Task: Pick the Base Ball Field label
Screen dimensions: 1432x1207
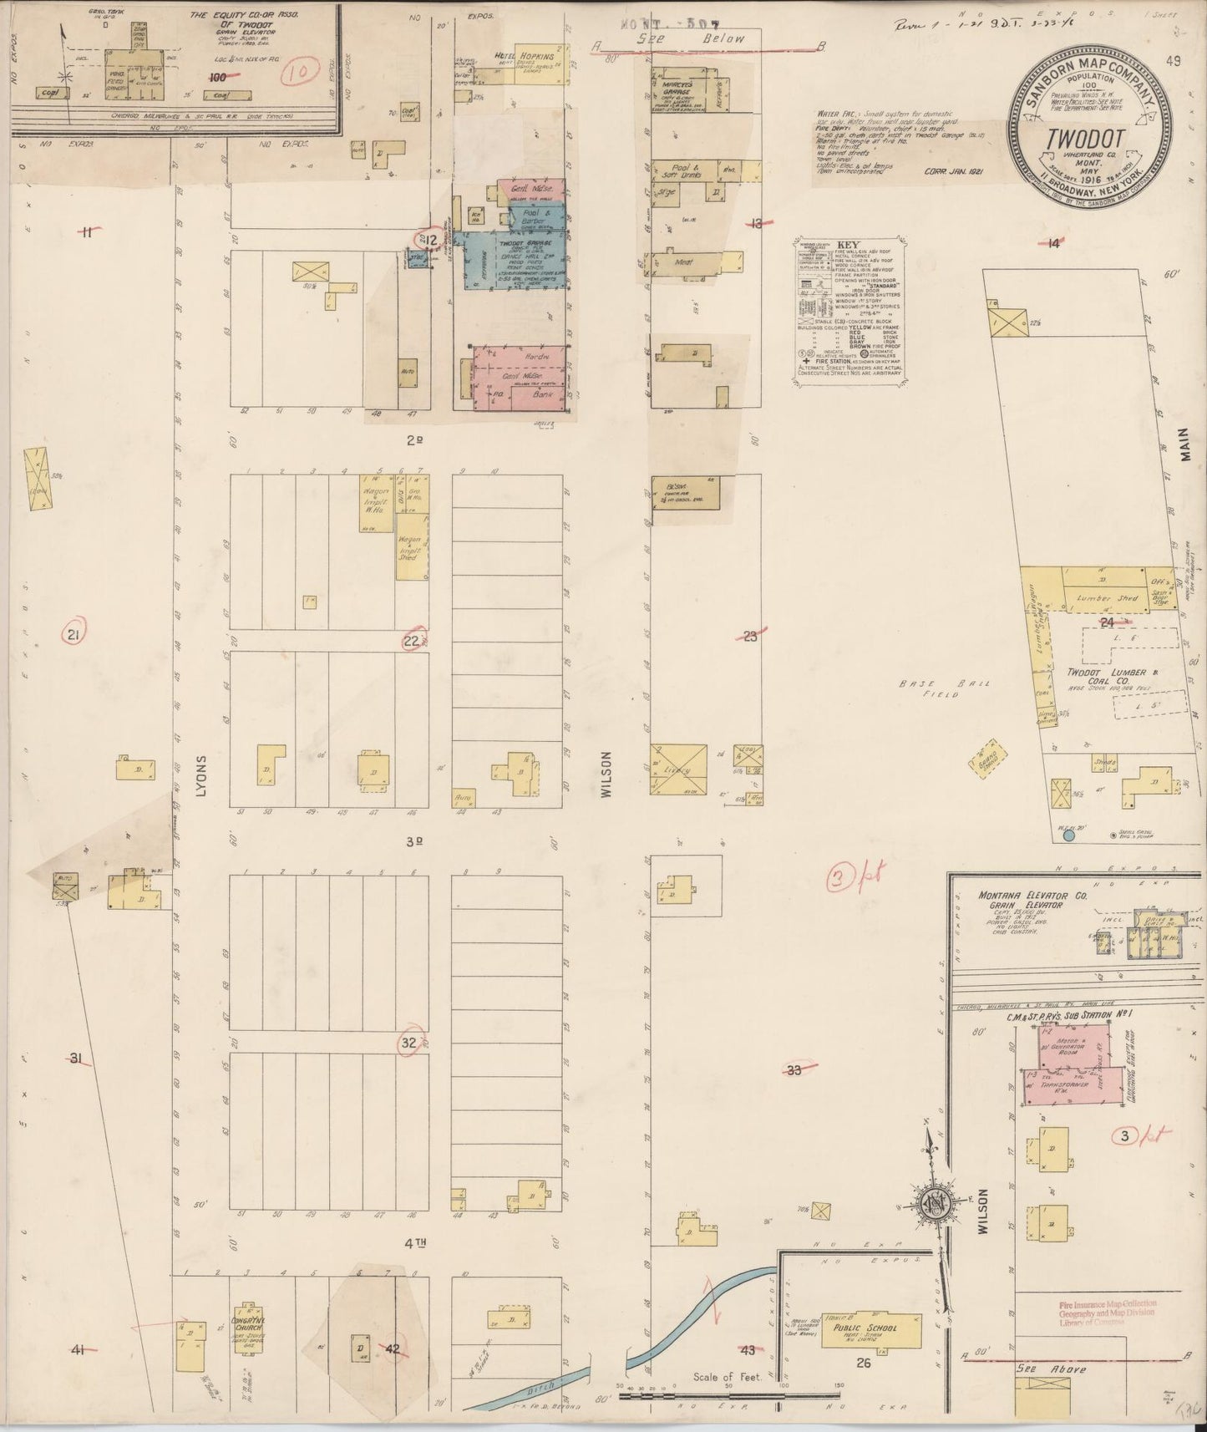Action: (x=933, y=688)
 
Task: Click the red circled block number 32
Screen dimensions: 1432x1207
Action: (x=409, y=1043)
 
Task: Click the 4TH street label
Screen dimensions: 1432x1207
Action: (x=415, y=1243)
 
